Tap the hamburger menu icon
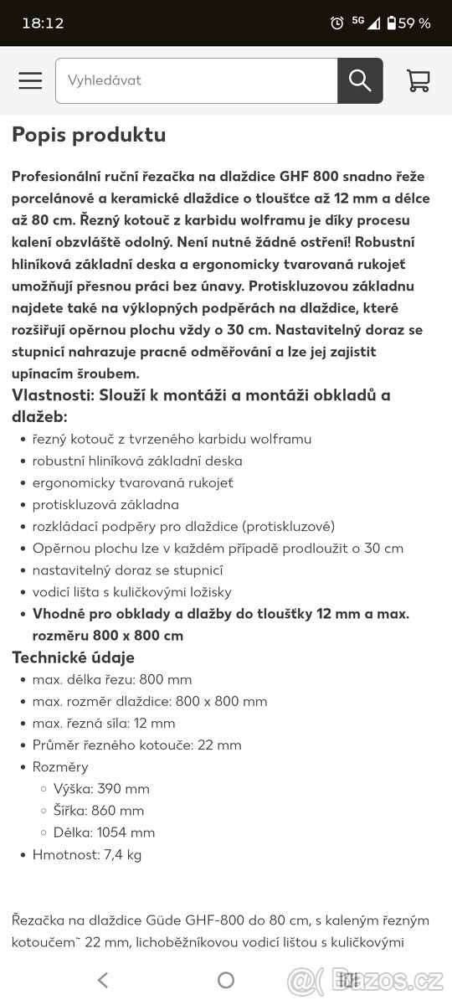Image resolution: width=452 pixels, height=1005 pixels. (30, 80)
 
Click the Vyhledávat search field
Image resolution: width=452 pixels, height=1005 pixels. (197, 80)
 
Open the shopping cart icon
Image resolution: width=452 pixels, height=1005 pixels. (418, 80)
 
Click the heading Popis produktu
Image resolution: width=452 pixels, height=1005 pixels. (89, 135)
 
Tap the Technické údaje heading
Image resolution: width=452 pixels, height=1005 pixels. (73, 657)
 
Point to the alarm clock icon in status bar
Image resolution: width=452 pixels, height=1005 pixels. (337, 23)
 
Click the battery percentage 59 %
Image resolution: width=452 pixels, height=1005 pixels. (413, 23)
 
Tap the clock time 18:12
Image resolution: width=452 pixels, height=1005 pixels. (43, 23)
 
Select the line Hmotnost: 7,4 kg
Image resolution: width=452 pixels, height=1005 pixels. (87, 854)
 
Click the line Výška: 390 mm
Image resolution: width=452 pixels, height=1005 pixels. (101, 789)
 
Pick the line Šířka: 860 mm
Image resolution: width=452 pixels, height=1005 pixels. (99, 811)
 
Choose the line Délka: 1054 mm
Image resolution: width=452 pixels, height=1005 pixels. (104, 832)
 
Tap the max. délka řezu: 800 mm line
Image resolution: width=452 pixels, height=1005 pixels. (112, 679)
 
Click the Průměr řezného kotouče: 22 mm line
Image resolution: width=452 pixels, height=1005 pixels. (136, 745)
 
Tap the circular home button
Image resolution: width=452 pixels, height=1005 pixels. (226, 980)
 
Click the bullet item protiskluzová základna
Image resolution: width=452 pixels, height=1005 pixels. (105, 504)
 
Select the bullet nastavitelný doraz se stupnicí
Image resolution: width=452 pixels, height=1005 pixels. (127, 569)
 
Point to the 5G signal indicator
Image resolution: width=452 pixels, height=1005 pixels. (358, 22)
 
